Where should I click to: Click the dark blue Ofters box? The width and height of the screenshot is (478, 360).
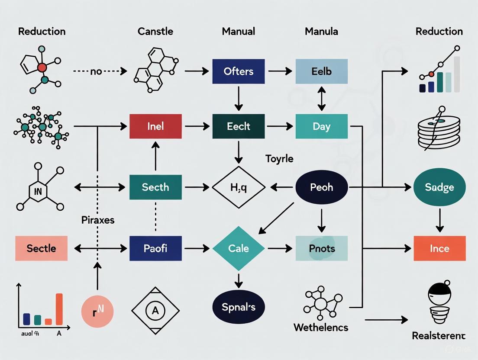[238, 71]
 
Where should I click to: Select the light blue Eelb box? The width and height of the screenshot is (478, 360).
[321, 71]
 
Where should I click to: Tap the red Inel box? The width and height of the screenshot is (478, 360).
[155, 126]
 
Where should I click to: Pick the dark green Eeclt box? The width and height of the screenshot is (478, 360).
[238, 126]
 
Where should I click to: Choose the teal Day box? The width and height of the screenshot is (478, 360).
[321, 126]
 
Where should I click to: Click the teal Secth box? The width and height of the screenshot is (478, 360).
[155, 187]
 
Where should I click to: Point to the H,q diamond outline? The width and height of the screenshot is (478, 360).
[238, 187]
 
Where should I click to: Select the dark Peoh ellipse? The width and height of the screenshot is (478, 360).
[321, 187]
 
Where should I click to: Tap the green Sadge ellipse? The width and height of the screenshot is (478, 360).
[439, 187]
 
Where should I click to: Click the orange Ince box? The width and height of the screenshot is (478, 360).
[439, 248]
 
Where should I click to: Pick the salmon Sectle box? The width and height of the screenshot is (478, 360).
[41, 248]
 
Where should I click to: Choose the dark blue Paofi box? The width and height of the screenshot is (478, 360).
[155, 248]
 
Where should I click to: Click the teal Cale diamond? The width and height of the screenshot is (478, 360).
[238, 248]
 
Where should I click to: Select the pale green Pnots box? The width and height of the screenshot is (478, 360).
[321, 248]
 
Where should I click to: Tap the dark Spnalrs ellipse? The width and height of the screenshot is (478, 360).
[238, 307]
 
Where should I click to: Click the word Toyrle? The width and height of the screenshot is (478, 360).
[279, 159]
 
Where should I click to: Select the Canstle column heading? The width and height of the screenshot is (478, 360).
[155, 32]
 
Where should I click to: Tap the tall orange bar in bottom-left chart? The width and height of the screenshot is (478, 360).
[59, 309]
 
